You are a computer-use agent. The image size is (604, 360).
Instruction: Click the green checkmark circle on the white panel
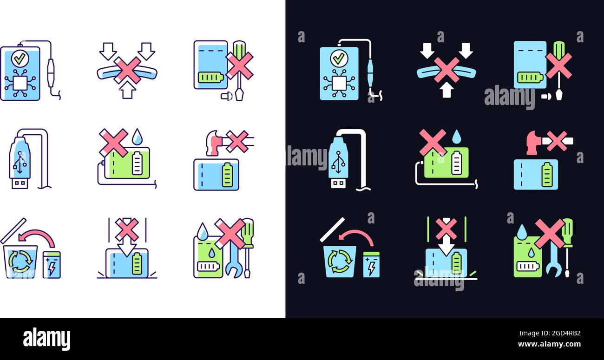pos(20,59)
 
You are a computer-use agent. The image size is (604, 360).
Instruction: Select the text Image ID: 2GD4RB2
pos(550,333)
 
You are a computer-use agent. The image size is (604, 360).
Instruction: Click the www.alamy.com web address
pos(549,344)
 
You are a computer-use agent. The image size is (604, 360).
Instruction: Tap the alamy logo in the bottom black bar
pos(46,338)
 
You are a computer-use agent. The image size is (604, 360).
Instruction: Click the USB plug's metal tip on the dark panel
pos(338,183)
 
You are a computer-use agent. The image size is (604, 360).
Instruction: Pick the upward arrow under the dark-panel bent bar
pos(446,90)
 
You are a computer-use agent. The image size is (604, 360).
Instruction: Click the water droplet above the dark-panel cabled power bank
pos(456,137)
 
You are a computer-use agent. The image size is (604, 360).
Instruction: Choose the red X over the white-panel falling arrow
pos(127,229)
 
